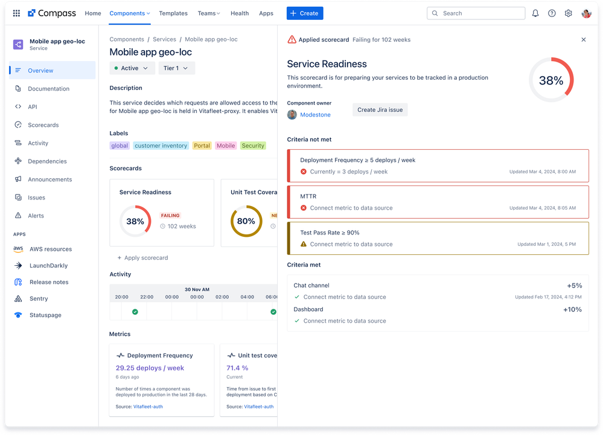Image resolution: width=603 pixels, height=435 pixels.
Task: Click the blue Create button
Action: [305, 13]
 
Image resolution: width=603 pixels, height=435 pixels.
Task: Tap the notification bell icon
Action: [535, 13]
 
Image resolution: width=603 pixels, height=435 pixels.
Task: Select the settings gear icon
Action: [568, 13]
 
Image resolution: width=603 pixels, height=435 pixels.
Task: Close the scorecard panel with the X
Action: [583, 40]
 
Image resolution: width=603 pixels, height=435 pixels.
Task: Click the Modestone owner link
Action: [315, 115]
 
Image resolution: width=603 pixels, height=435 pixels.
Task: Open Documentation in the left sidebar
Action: [48, 89]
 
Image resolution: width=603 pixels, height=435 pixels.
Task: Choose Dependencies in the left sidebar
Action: [47, 161]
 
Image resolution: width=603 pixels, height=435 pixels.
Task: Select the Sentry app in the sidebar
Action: [39, 298]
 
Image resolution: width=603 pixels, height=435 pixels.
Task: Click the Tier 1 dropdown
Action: [176, 68]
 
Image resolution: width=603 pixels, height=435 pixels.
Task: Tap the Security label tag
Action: [253, 146]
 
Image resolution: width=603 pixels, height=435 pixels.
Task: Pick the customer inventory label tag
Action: [161, 146]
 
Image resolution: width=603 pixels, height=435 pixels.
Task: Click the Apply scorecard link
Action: [145, 258]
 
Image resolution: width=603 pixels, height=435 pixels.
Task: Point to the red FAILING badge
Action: [170, 216]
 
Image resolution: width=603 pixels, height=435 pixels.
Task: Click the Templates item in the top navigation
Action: [173, 13]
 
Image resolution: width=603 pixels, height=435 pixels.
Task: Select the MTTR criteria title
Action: [308, 196]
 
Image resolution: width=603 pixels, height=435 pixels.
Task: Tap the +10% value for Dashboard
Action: [572, 309]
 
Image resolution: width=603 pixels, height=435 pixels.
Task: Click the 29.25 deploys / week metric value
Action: [150, 368]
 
